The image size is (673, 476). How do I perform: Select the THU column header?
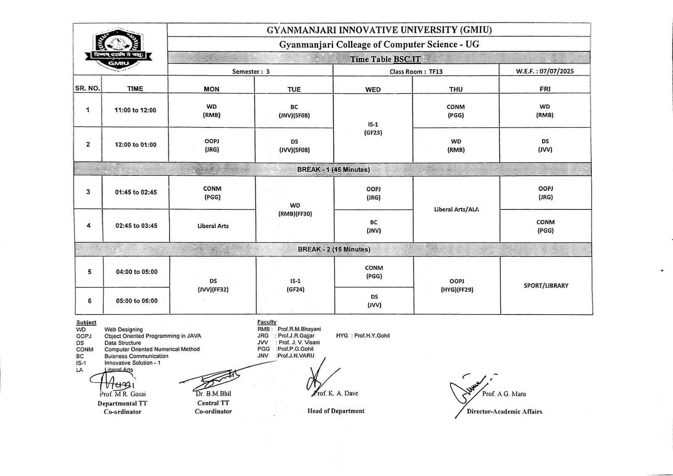point(456,89)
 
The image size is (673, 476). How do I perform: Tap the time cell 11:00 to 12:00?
point(135,110)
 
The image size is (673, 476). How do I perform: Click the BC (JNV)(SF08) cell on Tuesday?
point(294,111)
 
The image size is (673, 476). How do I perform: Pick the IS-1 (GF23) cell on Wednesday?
point(373,129)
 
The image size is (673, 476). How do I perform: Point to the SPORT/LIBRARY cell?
point(546,286)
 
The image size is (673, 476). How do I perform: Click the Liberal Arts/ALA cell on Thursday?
point(456,209)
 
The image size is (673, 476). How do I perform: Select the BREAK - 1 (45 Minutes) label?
point(334,170)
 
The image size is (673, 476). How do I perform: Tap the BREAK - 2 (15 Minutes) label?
point(334,249)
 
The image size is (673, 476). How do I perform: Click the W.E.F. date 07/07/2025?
point(545,71)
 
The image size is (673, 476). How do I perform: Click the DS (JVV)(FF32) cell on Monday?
point(213,285)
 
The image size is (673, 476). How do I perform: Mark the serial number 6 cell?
point(89,301)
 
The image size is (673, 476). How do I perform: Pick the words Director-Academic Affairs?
point(504,411)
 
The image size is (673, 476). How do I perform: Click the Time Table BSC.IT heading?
point(385,59)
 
